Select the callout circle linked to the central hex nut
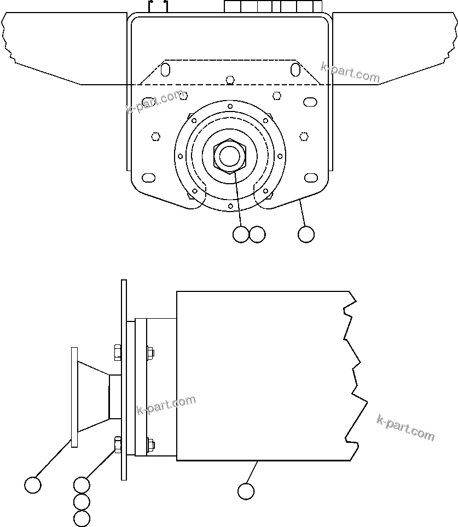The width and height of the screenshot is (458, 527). [241, 234]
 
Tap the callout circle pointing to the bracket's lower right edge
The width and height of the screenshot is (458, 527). [306, 234]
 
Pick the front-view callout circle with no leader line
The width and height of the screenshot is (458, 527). [257, 234]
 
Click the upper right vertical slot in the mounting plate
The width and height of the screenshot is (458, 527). [295, 69]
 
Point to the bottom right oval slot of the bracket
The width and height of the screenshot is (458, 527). [311, 177]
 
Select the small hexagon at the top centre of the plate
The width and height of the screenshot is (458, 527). [230, 79]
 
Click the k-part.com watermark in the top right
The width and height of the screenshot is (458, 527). [350, 73]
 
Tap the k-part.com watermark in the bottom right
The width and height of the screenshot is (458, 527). [405, 428]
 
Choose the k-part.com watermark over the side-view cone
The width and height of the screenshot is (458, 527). [166, 405]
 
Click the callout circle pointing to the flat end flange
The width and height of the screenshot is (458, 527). [33, 484]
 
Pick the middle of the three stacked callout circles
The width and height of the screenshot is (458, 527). [82, 501]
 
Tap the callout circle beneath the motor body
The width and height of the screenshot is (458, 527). [246, 491]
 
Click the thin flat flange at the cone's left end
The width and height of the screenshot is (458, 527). [74, 396]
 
